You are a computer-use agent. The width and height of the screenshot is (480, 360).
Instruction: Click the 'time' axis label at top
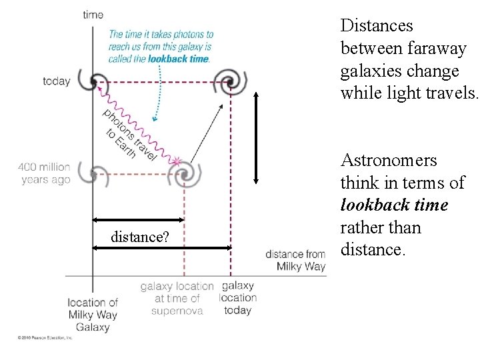tap(93, 15)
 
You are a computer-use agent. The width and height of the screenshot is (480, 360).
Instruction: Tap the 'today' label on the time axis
tap(56, 81)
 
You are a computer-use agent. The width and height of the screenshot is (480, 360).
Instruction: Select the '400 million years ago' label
tap(44, 173)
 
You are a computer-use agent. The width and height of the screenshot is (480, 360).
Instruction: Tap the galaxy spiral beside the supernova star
tap(184, 175)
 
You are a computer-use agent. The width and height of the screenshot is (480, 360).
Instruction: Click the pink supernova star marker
tap(176, 161)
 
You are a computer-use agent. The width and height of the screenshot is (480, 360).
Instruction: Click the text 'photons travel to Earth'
tap(127, 133)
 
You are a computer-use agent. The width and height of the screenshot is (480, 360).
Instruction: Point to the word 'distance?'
tap(139, 237)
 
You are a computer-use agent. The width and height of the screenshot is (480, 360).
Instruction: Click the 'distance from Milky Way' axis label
tap(295, 260)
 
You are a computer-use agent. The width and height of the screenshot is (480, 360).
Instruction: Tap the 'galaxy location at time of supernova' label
tap(177, 298)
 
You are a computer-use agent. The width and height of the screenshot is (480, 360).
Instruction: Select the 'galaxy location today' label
tap(237, 297)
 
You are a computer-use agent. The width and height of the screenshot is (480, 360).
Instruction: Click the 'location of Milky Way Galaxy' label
tap(93, 315)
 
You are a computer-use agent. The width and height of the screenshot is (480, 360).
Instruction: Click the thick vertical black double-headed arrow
tap(257, 137)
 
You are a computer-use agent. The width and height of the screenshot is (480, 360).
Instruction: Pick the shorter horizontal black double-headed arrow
tap(138, 220)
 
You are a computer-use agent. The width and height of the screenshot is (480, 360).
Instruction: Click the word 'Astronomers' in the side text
tap(389, 161)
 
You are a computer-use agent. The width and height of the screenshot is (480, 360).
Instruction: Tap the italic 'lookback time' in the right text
tap(394, 205)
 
